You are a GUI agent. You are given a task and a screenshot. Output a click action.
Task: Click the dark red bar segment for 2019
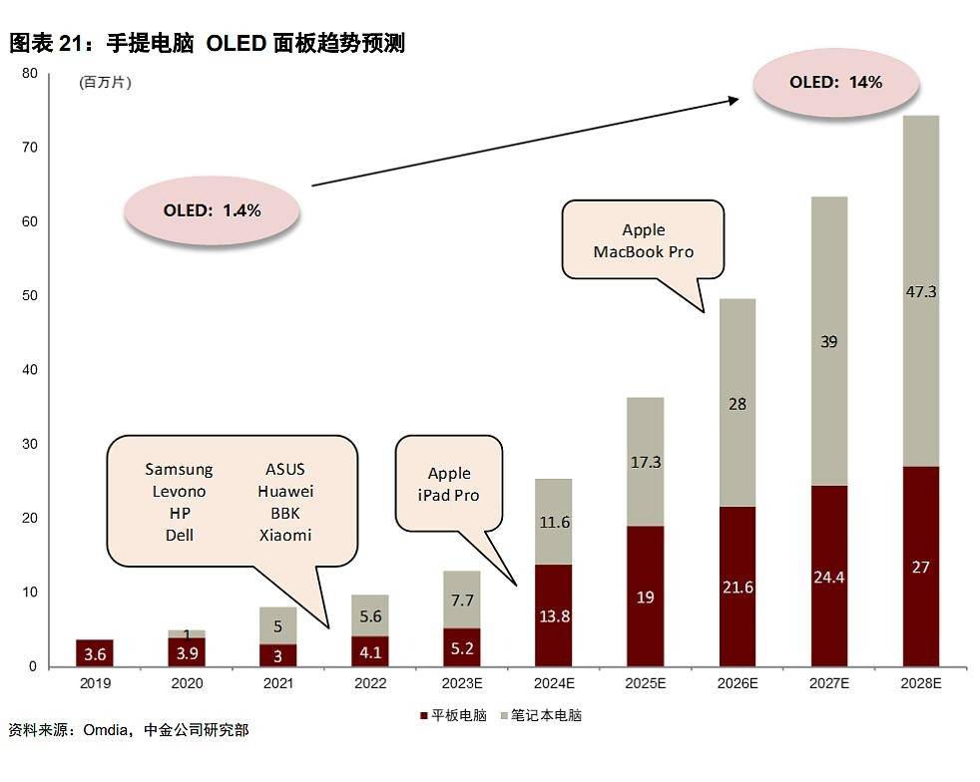pos(95,652)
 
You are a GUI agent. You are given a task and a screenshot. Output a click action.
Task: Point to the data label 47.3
pos(920,292)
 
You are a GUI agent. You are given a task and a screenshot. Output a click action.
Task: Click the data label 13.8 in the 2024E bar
pos(554,616)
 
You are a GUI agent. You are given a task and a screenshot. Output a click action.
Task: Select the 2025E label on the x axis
pos(646,683)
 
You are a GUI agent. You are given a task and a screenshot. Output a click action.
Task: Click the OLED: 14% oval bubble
pos(835,83)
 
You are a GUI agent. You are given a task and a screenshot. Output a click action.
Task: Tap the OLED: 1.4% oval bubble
pos(212,210)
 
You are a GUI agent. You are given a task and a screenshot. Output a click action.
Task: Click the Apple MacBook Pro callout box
pos(643,240)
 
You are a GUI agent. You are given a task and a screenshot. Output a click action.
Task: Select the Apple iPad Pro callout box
pos(449,483)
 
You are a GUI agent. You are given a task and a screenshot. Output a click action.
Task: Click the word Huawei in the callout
pos(285,492)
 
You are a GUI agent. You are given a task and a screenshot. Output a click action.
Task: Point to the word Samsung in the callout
pos(179,470)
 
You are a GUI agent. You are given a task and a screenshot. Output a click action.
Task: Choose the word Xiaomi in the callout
pos(285,536)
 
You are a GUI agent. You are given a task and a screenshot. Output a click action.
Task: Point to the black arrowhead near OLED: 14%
pos(735,99)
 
